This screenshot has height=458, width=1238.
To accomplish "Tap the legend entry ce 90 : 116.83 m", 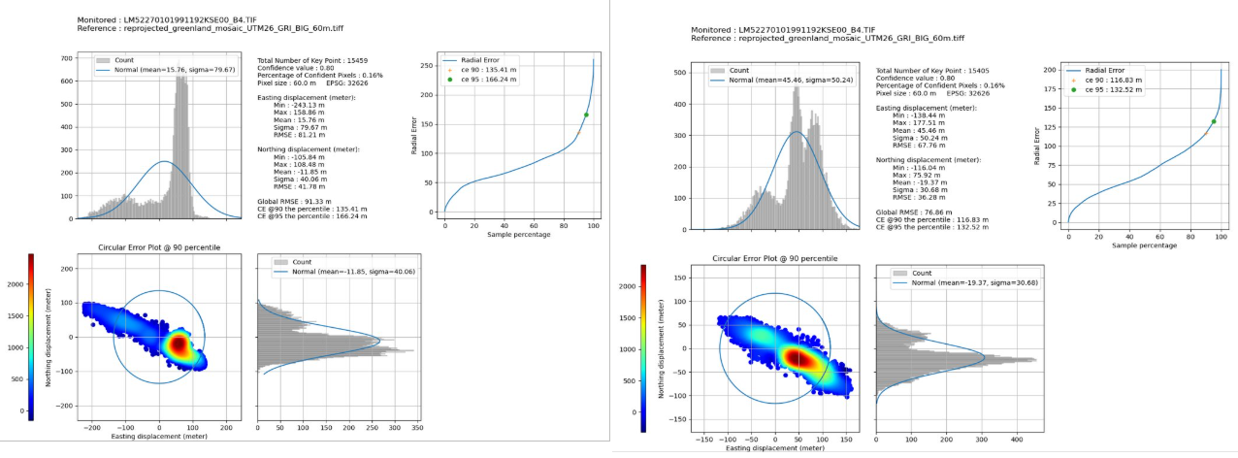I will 1106,81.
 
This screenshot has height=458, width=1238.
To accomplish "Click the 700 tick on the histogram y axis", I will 68,58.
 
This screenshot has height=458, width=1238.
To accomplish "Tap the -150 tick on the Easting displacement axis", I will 703,440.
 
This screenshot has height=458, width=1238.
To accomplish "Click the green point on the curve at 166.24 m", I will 586,114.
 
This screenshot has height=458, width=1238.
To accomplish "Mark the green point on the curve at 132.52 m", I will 1213,121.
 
